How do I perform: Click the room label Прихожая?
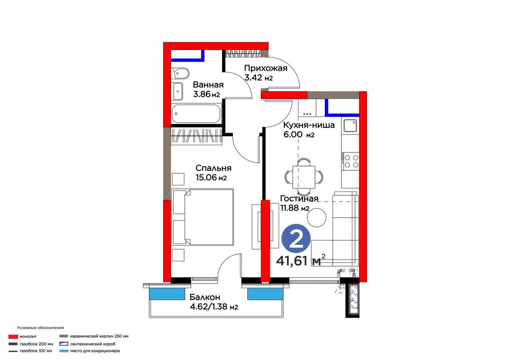tap(266, 68)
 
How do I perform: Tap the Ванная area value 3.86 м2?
tap(206, 94)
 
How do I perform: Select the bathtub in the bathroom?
tap(196, 113)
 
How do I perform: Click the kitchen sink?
tap(350, 126)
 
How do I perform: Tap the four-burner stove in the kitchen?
tap(350, 161)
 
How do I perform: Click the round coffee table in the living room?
tap(317, 218)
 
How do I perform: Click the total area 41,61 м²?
tap(300, 260)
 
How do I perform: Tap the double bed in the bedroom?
tap(203, 217)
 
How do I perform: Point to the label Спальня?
tap(213, 168)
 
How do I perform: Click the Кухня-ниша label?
tap(309, 125)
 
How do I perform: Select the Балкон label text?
tap(205, 297)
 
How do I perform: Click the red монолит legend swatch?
tap(13, 336)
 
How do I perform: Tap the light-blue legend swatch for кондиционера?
tap(64, 351)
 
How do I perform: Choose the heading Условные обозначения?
tap(41, 328)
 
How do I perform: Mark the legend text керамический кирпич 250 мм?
tap(99, 336)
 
